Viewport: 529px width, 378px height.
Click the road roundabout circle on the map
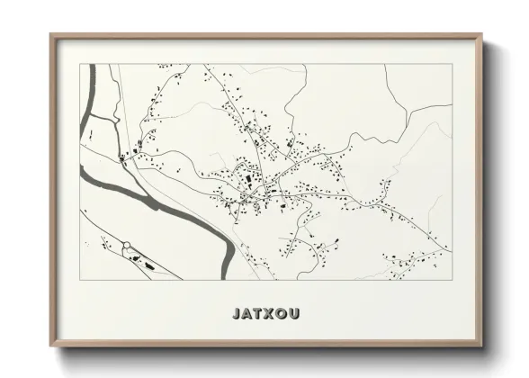127,245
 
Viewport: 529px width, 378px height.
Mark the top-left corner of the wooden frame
51,35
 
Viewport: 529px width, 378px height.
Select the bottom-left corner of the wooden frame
51,346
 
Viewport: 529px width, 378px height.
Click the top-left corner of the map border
80,65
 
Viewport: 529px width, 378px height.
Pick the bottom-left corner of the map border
80,279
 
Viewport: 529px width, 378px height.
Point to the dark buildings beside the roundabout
142,260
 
